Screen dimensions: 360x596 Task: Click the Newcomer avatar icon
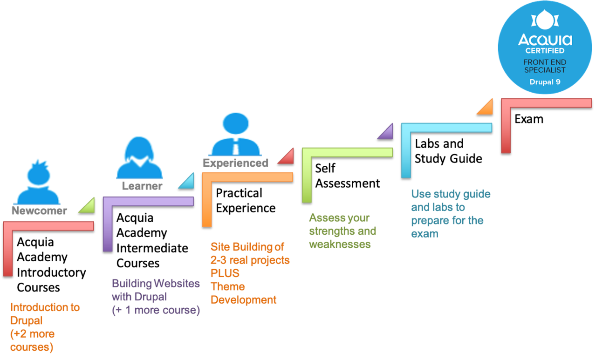pos(36,179)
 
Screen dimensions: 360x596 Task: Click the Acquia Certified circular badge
pos(544,47)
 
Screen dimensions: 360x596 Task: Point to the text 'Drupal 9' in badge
pos(545,82)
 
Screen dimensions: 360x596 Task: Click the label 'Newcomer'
pos(40,211)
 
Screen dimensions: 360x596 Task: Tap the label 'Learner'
pos(142,187)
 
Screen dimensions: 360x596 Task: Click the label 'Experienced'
pos(235,163)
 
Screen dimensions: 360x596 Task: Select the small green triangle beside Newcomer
pos(88,205)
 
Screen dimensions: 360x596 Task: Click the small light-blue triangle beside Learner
pos(187,182)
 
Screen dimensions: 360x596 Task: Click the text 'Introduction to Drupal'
pos(45,314)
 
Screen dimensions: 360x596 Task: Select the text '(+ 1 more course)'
pos(156,311)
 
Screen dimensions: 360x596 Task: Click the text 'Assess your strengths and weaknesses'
pos(342,231)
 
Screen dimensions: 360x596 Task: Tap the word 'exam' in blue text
pos(424,233)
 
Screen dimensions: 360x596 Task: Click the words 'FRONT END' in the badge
pos(545,62)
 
